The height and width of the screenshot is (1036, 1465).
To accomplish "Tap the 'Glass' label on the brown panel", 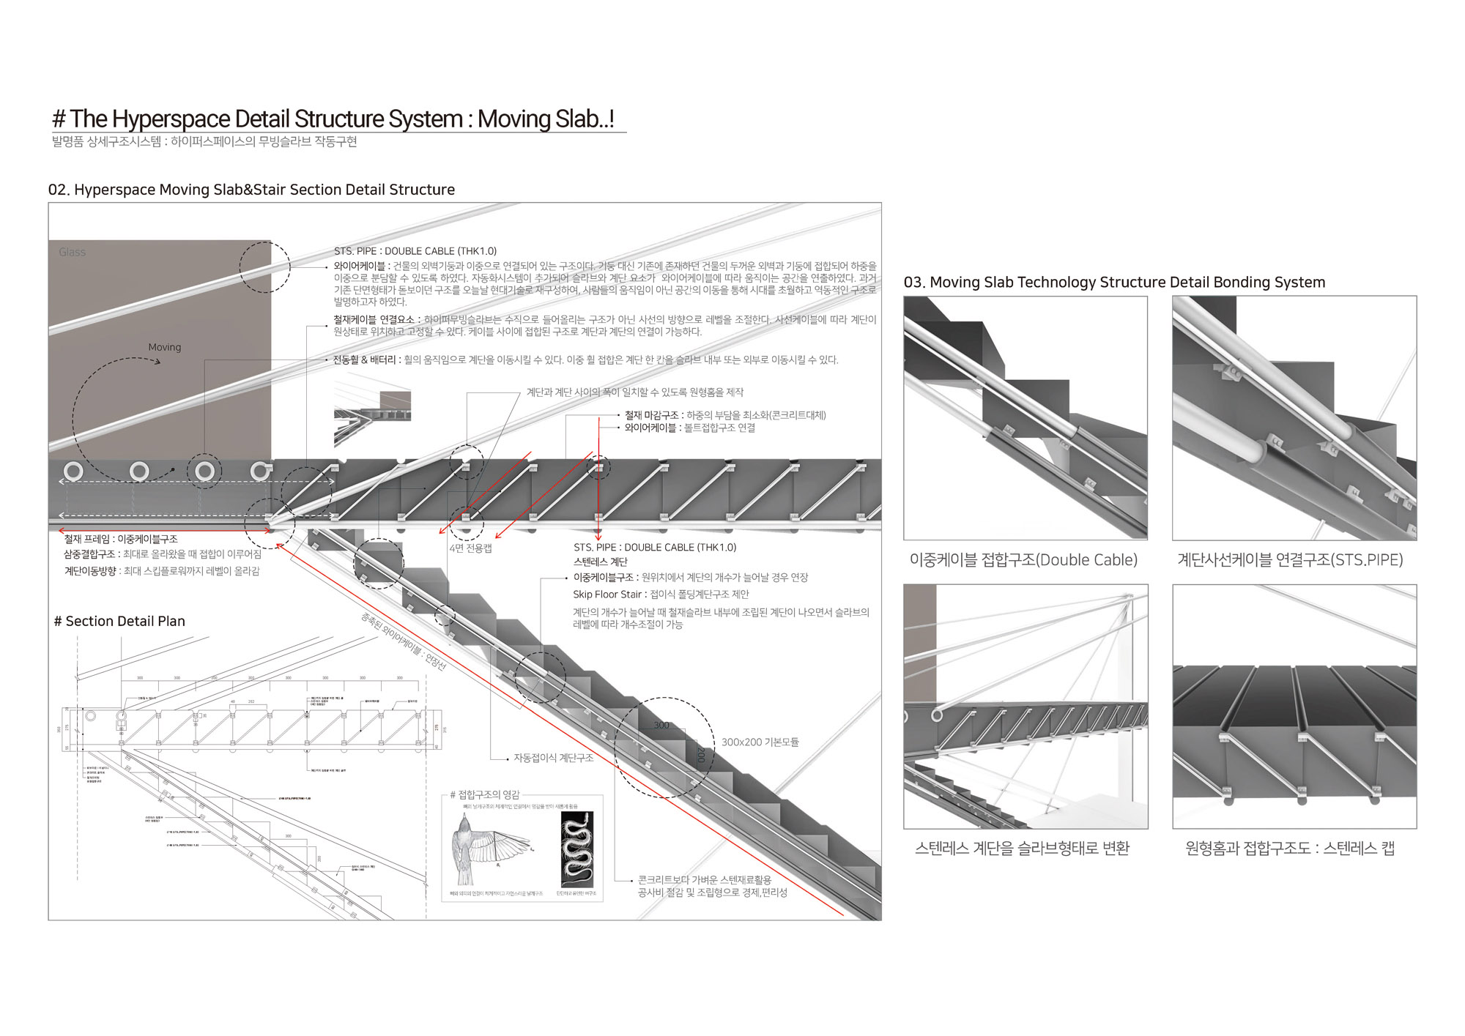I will click(x=73, y=252).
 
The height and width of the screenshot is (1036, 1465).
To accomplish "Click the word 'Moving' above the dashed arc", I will click(x=164, y=347).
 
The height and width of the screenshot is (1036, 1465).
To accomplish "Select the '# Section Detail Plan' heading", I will click(x=119, y=622).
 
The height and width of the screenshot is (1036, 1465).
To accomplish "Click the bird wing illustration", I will click(x=486, y=849).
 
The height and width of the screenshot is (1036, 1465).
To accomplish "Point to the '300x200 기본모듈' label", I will click(x=760, y=742).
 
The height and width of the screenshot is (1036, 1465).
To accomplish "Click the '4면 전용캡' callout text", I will click(x=470, y=548).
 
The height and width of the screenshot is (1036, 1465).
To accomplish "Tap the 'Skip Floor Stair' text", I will click(x=607, y=595).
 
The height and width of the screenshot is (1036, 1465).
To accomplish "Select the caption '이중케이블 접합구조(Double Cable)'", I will click(x=1023, y=560).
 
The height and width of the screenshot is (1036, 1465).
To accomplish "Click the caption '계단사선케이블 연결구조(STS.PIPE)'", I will click(x=1290, y=560).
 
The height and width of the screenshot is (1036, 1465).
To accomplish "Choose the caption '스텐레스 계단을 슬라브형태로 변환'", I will click(x=1023, y=849).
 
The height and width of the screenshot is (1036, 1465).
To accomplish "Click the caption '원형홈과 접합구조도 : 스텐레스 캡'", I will click(x=1290, y=849).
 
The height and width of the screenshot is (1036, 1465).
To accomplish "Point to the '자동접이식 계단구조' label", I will click(x=553, y=758).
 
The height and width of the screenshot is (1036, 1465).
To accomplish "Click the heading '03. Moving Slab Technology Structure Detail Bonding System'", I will click(x=1114, y=283).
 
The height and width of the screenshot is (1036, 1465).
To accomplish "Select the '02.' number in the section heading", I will click(x=59, y=190).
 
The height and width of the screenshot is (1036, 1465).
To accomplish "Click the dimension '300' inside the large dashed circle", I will click(x=661, y=725).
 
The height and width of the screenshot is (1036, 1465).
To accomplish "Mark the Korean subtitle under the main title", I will click(x=204, y=142).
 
